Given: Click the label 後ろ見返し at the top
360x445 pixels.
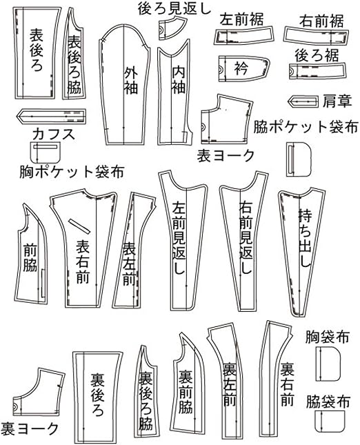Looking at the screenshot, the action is coord(174,8).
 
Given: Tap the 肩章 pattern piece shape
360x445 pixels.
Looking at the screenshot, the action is coord(302,101).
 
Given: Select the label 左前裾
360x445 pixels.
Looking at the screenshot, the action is coord(241,19).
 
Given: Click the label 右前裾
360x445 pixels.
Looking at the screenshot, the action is coord(321,21).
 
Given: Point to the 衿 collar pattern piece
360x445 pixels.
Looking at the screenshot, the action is coord(243,68).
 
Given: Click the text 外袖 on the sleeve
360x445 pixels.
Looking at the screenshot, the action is coord(130,81).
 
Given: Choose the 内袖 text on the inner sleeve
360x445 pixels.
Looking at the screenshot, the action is coord(179,80).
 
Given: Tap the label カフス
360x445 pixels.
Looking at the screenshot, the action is coord(54,134).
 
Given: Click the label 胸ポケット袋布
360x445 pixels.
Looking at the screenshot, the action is coord(72,172).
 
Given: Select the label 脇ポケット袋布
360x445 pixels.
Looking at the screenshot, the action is coord(306,126).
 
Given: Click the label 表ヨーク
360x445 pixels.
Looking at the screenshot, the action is coord(226,156).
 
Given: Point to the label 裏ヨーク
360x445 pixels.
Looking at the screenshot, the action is coord(30,428).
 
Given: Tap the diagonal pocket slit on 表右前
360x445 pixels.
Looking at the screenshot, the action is coord(79,226).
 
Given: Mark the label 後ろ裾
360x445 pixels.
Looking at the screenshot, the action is coord(317,55).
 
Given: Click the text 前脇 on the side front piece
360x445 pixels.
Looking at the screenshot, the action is coord(30,257).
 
